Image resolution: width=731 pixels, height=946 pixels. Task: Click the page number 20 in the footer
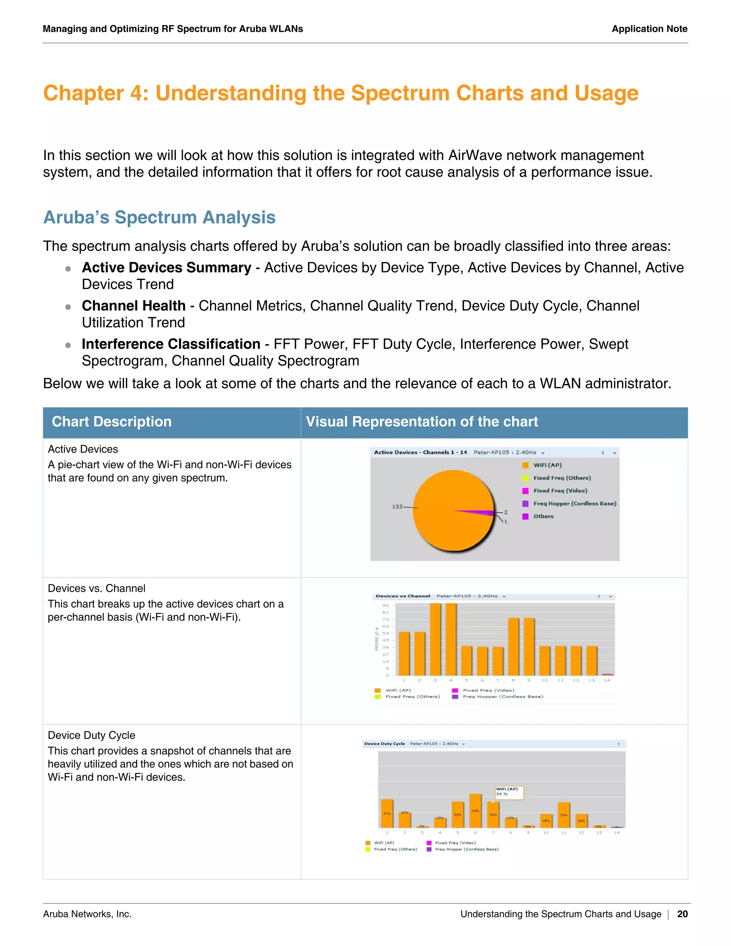coord(682,914)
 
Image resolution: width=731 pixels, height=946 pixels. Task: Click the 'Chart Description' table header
coord(112,422)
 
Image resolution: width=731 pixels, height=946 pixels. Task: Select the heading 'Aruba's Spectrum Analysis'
coord(159,217)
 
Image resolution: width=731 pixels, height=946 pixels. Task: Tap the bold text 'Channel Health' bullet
coord(133,306)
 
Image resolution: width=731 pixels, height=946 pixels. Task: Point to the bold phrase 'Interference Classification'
coord(171,344)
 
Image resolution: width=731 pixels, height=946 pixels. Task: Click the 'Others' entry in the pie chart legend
coord(543,516)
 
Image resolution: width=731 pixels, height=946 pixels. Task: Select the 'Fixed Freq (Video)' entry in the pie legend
coord(560,491)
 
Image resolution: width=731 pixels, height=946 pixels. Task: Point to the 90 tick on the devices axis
coord(385,605)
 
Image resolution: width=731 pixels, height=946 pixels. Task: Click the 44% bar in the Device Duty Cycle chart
coord(475,810)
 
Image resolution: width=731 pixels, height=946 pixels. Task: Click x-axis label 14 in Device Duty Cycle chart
coord(617,832)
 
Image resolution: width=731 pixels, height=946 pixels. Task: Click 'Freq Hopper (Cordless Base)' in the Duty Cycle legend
coord(467,849)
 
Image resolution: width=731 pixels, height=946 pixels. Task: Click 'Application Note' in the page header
coord(649,29)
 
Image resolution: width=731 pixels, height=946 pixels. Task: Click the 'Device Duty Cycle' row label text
coord(91,735)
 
